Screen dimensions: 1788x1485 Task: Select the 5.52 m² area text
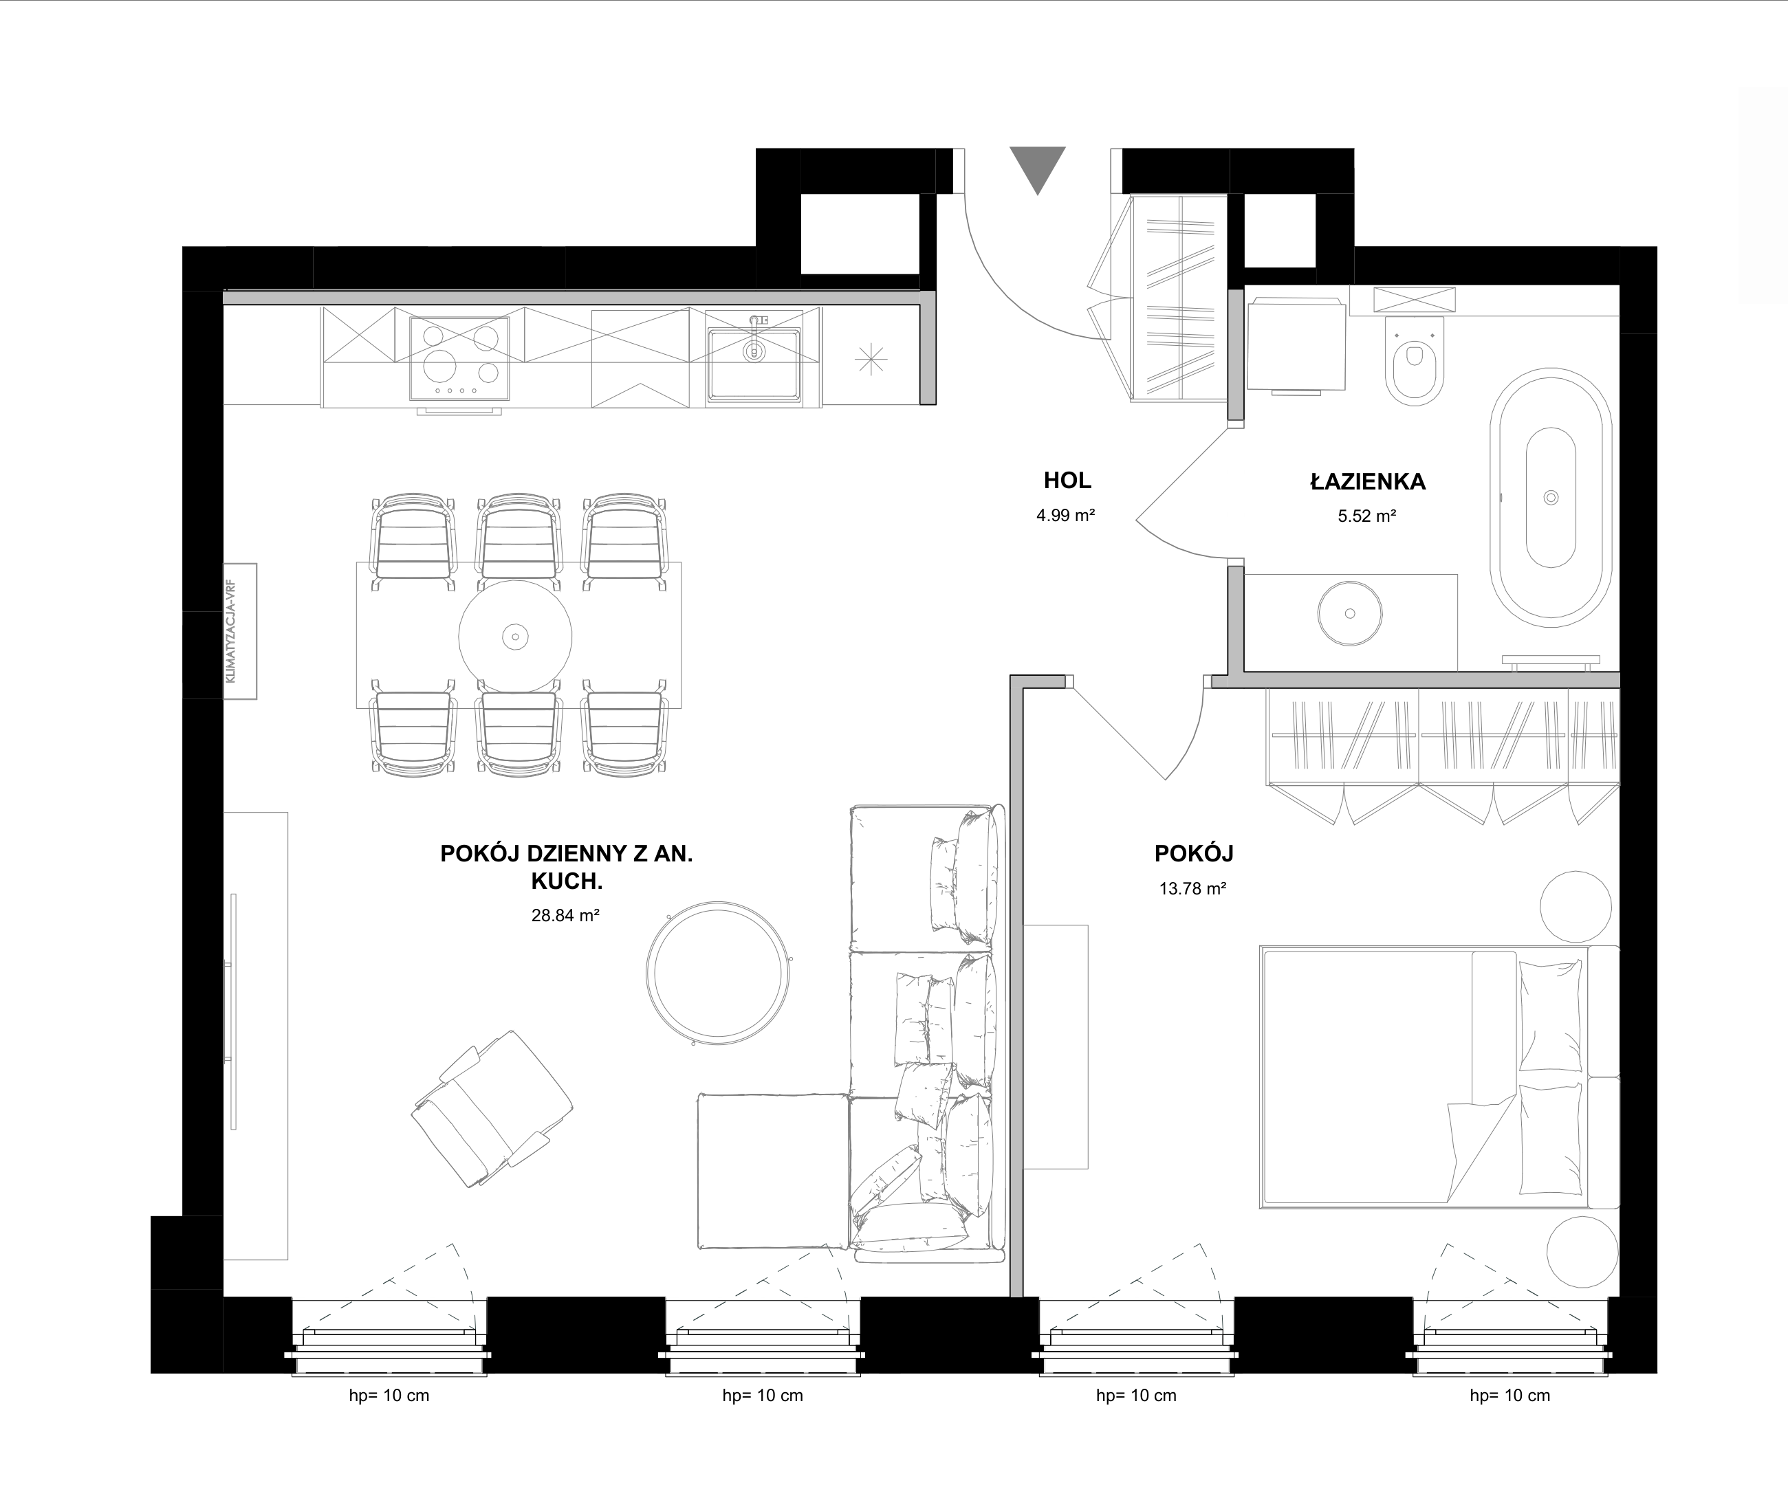[1366, 516]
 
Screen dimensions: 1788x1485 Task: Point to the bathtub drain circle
[1551, 498]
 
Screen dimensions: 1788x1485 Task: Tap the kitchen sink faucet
[754, 337]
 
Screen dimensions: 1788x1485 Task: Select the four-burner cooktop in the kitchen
[460, 358]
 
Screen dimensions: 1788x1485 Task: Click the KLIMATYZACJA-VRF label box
[240, 631]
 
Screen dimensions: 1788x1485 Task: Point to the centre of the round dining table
[515, 636]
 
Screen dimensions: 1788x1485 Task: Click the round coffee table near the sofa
[719, 973]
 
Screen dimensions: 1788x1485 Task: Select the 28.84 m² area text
[565, 916]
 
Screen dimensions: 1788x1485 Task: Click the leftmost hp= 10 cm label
[389, 1396]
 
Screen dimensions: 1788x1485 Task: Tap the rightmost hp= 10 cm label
[1509, 1396]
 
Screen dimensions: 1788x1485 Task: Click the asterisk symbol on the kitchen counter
[871, 360]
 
